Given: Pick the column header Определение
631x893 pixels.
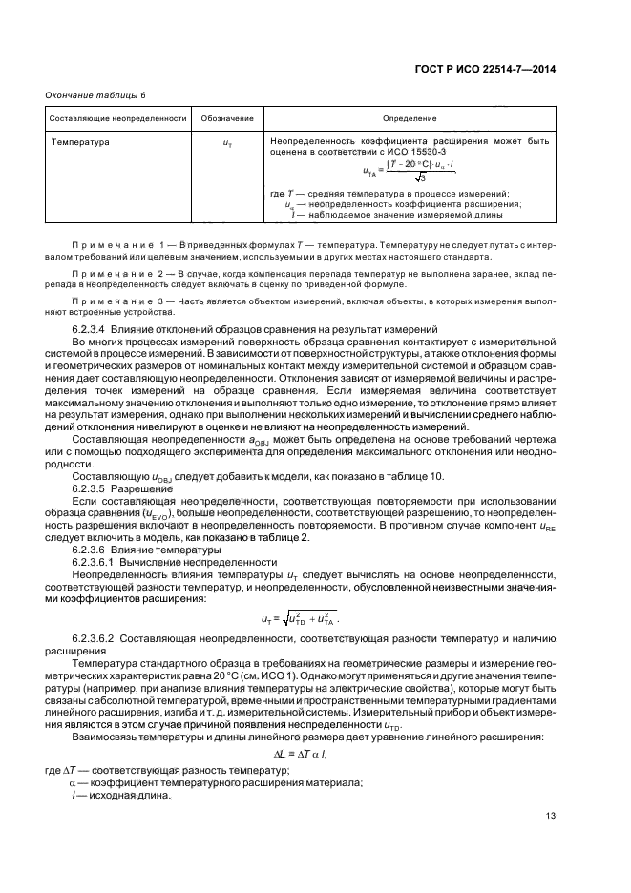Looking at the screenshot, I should pos(410,118).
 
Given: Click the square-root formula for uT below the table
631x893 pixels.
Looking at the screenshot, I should pos(300,619).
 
